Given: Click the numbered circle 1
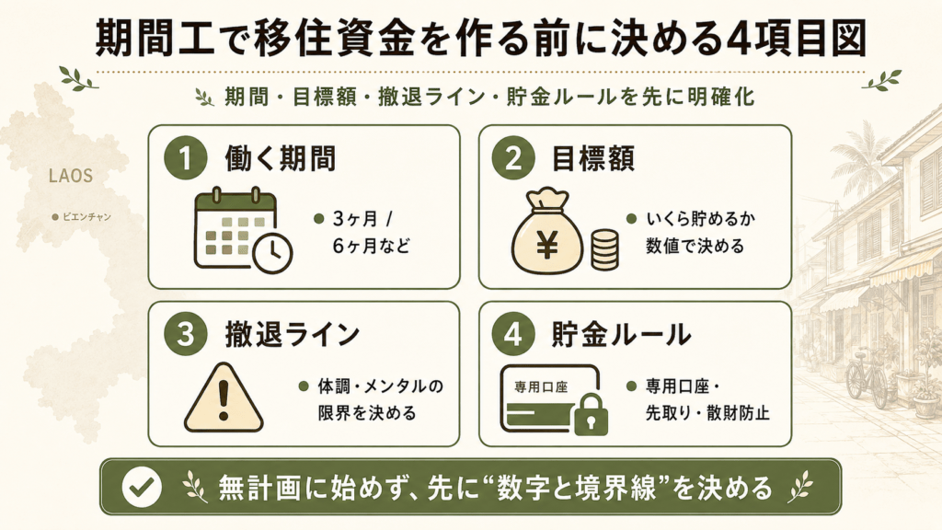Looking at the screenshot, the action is click(185, 158).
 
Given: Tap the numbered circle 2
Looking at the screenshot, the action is click(512, 158).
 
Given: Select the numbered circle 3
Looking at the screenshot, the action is click(185, 334).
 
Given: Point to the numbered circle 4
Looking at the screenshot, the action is click(512, 334).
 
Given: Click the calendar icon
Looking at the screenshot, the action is click(236, 228).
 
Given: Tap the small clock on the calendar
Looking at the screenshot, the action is click(272, 252).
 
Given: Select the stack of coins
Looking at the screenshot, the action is click(603, 248).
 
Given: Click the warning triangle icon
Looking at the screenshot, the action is click(224, 397).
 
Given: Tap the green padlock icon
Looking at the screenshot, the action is click(592, 415).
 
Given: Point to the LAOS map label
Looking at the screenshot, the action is click(71, 176).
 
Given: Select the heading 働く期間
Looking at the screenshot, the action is click(280, 158).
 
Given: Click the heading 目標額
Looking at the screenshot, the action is click(592, 158).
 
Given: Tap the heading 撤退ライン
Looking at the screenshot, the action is click(292, 334).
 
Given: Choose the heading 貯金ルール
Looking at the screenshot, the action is click(621, 334).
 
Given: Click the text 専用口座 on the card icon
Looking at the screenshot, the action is click(541, 387).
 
